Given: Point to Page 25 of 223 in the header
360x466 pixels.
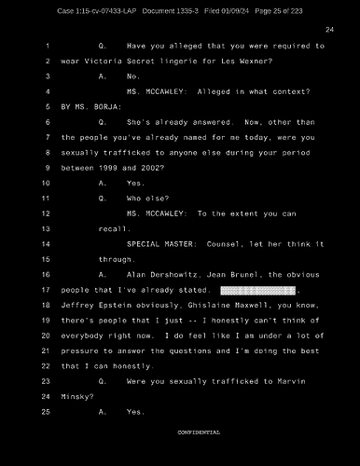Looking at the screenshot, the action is coord(282,10).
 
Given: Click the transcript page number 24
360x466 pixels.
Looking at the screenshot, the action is coord(329,31).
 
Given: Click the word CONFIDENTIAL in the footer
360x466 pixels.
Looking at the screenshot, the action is coord(199,432).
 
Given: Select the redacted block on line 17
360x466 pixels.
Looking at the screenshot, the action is coord(256,292).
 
